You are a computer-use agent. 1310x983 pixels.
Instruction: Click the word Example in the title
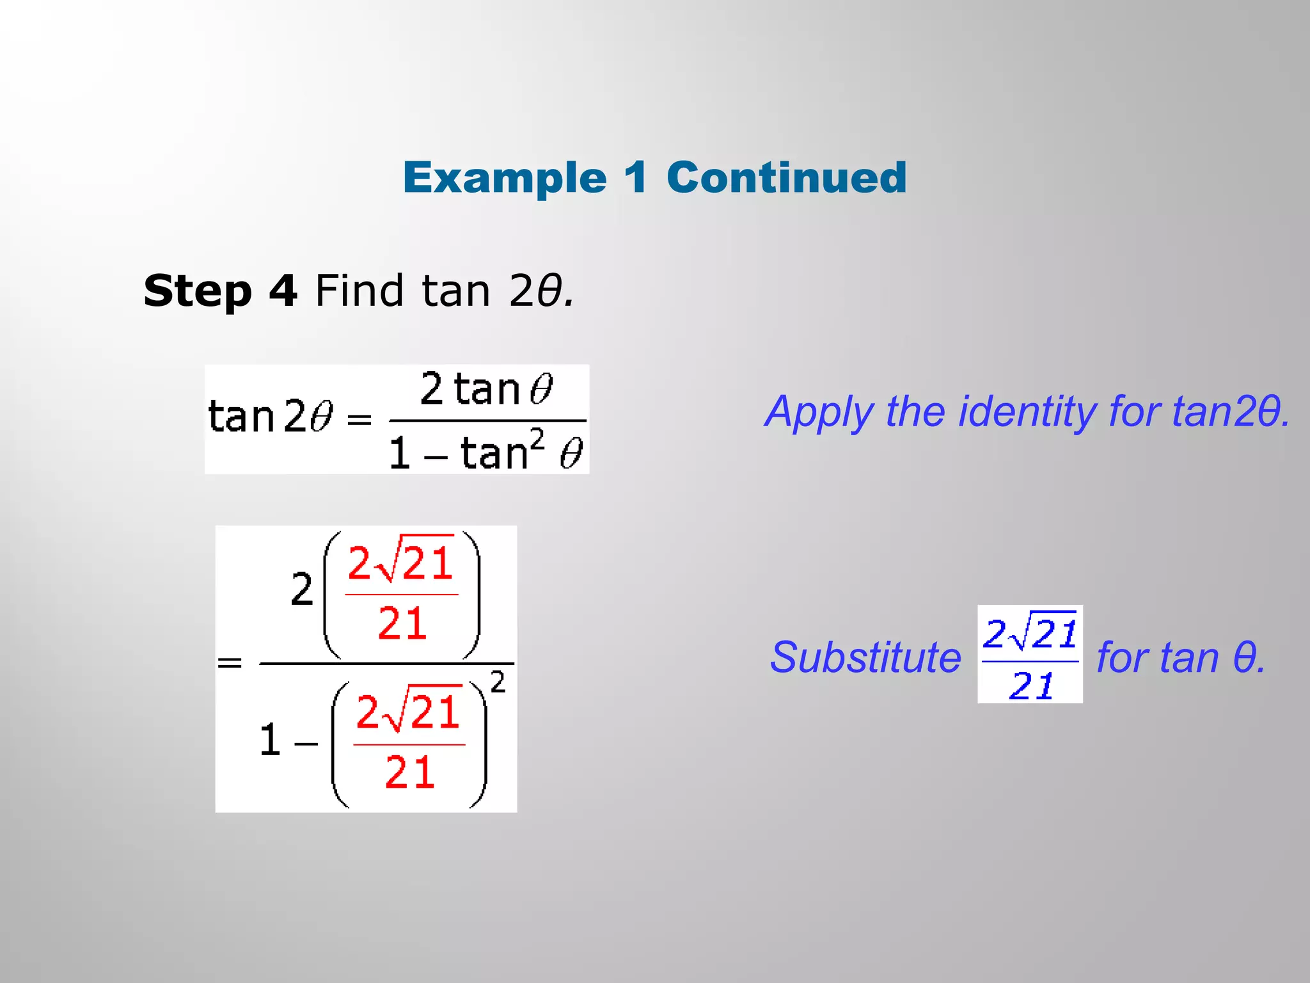(504, 177)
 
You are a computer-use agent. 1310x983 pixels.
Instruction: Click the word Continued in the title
(786, 177)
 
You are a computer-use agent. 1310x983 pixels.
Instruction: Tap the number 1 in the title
(636, 177)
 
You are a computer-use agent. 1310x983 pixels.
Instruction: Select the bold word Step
(198, 291)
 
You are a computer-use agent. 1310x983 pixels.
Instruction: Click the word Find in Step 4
(359, 291)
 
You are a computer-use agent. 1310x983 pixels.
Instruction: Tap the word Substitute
(865, 657)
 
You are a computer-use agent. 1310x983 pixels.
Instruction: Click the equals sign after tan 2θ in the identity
(359, 420)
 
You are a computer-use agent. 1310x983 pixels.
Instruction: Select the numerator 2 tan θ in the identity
(486, 389)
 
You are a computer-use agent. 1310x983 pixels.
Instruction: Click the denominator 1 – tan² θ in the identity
(486, 452)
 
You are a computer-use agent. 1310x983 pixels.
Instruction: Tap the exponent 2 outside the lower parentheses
(498, 682)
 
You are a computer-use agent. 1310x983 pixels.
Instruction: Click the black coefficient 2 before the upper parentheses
(301, 590)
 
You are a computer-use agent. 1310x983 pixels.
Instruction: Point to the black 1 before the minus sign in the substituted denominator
(270, 740)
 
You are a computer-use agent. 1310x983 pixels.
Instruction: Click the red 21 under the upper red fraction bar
(402, 624)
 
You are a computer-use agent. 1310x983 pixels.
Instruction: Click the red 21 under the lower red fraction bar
(409, 772)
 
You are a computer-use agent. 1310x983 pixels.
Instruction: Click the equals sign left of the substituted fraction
(230, 662)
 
